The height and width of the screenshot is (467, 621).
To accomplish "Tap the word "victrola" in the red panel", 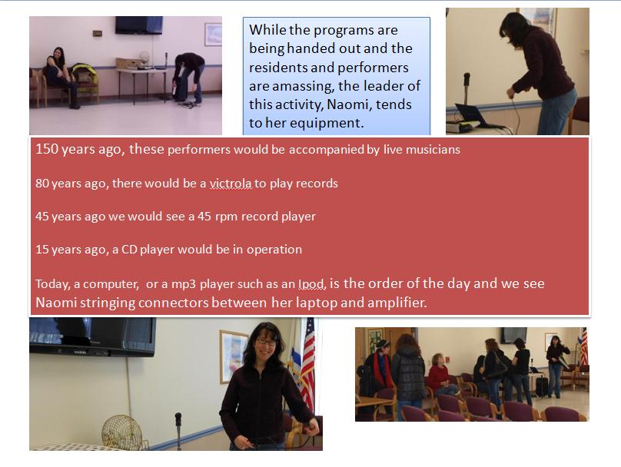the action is click(x=231, y=184).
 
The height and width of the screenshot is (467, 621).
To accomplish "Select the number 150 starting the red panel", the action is click(x=47, y=149).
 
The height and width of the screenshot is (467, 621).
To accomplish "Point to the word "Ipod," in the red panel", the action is click(x=312, y=283).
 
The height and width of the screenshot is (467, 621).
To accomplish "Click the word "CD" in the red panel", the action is click(x=129, y=250).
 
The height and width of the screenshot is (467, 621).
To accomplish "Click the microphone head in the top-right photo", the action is click(x=467, y=78).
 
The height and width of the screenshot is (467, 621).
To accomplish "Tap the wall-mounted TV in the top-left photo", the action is click(x=139, y=25).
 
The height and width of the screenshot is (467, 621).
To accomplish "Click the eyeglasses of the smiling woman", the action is click(x=266, y=341).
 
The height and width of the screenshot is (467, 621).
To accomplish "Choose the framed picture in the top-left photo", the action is click(x=213, y=35).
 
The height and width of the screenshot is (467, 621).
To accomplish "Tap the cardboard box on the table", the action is click(x=128, y=63).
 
